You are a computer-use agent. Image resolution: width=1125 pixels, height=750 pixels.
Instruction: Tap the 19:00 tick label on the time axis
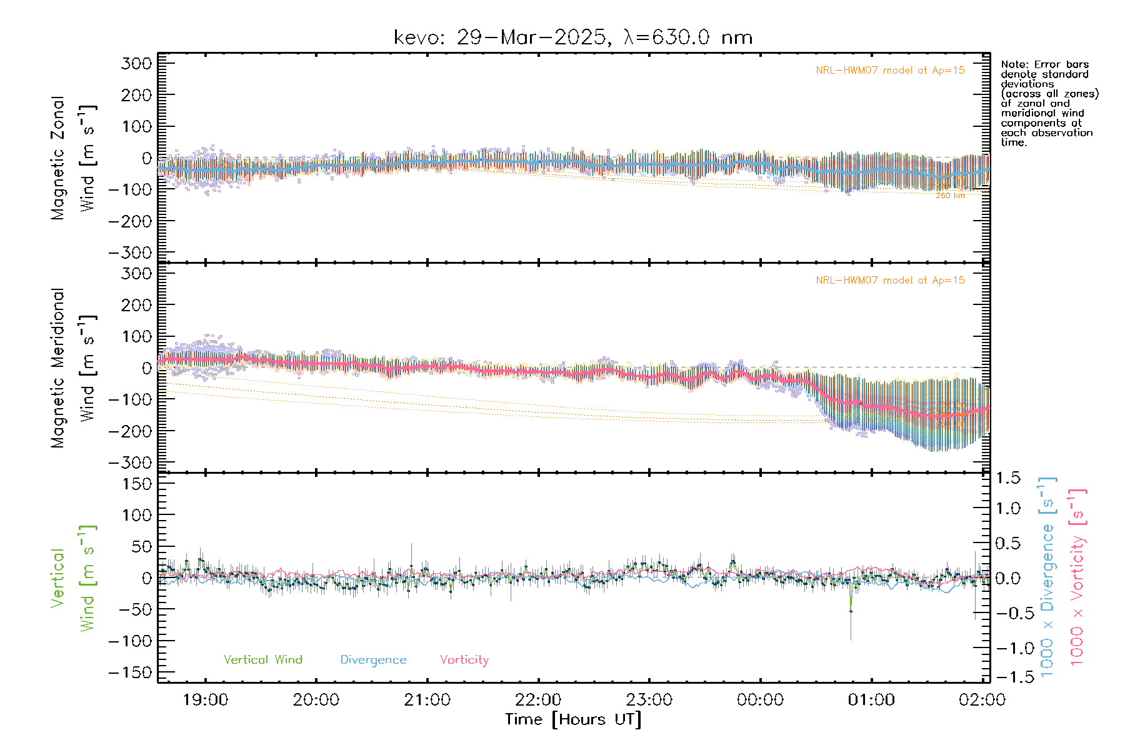(x=205, y=700)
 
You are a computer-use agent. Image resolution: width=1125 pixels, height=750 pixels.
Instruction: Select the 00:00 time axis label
(x=760, y=700)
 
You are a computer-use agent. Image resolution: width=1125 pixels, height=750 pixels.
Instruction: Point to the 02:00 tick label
(x=982, y=700)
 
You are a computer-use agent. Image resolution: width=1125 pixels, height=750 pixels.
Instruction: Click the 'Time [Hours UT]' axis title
(x=573, y=719)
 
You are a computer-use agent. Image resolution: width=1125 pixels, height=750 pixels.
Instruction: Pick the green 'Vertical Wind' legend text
(x=262, y=660)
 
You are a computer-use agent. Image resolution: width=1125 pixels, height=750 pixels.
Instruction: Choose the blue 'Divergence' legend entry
(x=373, y=660)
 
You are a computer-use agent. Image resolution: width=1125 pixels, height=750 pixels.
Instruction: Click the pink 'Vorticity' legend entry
(x=464, y=660)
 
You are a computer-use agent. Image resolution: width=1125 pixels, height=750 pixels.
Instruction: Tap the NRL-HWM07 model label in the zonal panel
(x=890, y=71)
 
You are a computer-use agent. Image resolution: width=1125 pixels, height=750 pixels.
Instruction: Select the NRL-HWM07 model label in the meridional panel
(x=890, y=281)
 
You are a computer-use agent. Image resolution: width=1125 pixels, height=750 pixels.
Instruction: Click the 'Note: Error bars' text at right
(x=1045, y=65)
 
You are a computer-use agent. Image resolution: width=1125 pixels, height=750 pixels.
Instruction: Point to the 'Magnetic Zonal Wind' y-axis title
(x=74, y=158)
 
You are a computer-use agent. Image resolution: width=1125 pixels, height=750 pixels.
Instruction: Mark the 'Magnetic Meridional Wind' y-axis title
(x=74, y=368)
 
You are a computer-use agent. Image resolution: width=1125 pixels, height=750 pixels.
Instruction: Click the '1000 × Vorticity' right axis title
(x=1077, y=577)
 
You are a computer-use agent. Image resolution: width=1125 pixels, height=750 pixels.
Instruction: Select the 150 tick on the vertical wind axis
(x=137, y=484)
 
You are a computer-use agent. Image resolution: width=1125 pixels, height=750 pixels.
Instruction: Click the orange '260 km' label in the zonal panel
(x=950, y=196)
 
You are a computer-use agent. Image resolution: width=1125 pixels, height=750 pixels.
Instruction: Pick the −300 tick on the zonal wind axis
(x=130, y=253)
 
